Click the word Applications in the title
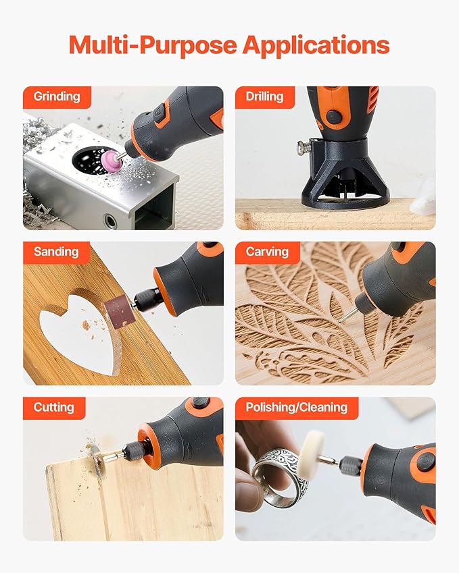316,45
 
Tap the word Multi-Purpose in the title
153,45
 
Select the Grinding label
57,97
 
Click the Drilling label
264,97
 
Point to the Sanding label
56,252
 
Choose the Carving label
267,252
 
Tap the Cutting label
54,408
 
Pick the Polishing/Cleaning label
297,408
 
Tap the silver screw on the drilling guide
304,146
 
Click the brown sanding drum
120,310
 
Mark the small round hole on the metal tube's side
110,221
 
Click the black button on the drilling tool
334,117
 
